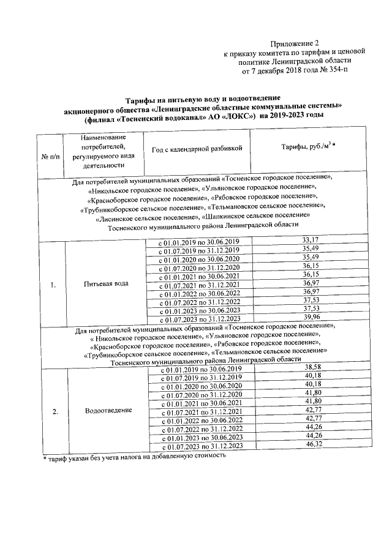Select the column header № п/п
[51, 157]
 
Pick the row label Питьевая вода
[106, 284]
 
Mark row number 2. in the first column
[55, 411]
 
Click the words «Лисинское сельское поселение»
[148, 217]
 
